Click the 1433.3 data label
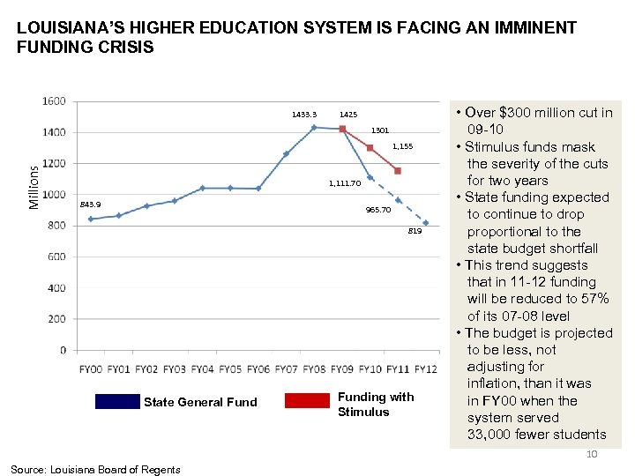tap(304, 115)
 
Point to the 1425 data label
tap(348, 115)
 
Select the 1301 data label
tap(379, 130)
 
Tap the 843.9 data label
tap(90, 205)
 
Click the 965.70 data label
tap(378, 211)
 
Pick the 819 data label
tap(415, 231)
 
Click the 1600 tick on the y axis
tap(54, 101)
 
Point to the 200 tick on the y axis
tap(56, 319)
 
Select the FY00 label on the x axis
tap(91, 368)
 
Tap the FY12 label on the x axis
tap(425, 368)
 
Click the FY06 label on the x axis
tap(258, 368)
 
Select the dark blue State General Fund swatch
tap(118, 401)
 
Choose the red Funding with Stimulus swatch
tap(307, 401)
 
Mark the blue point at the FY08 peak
tap(314, 127)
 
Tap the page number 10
tap(592, 454)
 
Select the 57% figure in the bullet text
tap(593, 299)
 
